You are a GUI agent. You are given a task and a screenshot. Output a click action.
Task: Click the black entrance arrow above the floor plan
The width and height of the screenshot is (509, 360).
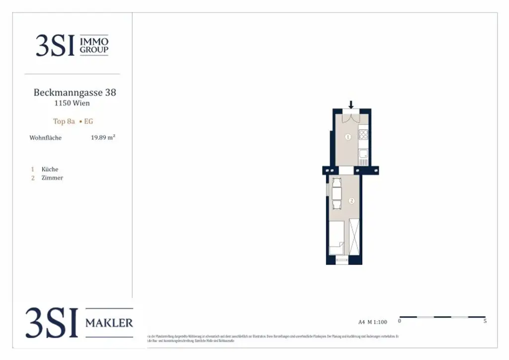click(351, 104)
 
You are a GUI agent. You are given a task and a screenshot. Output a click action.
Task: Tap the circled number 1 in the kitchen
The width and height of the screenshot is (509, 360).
click(348, 137)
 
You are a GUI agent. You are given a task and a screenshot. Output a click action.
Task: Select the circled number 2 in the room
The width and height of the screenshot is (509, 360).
click(351, 201)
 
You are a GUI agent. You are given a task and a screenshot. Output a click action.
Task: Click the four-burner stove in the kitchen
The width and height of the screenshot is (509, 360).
click(363, 134)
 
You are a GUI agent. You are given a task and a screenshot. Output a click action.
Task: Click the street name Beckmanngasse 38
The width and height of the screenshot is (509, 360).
click(75, 92)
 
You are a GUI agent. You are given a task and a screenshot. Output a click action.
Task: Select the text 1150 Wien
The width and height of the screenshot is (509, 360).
click(72, 103)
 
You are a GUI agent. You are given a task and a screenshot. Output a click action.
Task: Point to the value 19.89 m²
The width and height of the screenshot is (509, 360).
click(103, 137)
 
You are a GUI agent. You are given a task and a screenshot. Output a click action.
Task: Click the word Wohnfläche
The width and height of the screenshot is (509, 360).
click(45, 138)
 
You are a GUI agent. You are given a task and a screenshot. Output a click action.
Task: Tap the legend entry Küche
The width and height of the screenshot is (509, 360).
click(50, 169)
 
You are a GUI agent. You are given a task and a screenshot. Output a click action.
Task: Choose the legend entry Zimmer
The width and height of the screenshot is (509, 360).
click(52, 178)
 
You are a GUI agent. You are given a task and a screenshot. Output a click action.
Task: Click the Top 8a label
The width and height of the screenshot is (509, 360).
click(64, 121)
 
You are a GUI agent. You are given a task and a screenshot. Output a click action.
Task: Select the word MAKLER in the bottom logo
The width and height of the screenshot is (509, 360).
click(109, 323)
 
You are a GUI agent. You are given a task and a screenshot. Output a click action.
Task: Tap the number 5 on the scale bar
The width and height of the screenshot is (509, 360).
click(485, 321)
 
